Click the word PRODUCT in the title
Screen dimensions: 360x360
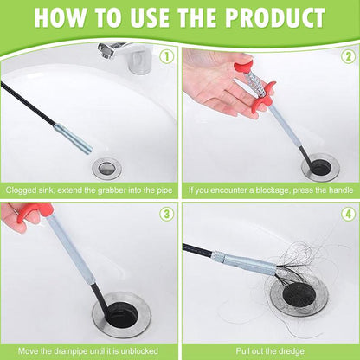(275, 18)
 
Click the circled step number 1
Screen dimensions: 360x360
(166, 57)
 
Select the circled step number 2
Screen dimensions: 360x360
(349, 57)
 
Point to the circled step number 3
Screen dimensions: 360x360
(166, 214)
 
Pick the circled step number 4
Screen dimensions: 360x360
(349, 214)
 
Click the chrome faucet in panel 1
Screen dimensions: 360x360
(126, 56)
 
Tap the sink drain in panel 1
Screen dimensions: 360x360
(106, 168)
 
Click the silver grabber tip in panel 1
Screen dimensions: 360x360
(74, 138)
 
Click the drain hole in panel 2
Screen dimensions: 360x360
(319, 167)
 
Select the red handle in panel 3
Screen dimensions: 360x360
(34, 213)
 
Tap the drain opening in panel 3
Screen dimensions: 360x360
(121, 314)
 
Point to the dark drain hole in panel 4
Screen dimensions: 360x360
(299, 296)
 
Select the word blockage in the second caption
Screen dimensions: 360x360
(273, 190)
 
